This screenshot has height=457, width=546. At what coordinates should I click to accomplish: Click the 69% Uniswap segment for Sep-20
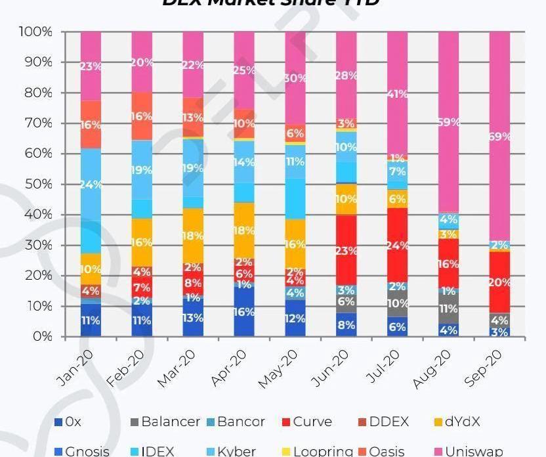(499, 137)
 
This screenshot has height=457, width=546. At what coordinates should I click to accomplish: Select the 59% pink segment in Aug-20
(448, 122)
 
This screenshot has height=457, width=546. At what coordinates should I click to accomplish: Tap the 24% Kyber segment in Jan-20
(91, 185)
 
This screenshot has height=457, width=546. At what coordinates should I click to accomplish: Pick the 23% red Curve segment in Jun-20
(346, 250)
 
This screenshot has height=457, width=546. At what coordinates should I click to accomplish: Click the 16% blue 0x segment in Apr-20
(243, 312)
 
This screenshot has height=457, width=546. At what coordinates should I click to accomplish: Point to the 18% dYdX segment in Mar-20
(192, 236)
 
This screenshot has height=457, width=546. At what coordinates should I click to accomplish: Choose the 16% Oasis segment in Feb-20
(142, 116)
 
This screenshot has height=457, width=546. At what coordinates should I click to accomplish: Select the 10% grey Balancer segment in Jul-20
(397, 303)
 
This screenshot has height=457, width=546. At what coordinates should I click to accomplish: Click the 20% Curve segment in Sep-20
(499, 282)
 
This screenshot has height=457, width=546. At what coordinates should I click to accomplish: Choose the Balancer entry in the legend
(163, 422)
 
